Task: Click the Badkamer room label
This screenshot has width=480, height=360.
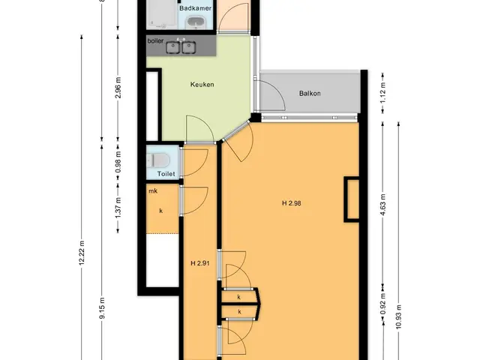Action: (195, 8)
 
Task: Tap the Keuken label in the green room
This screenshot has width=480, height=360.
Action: (202, 85)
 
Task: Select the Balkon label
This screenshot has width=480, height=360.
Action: (310, 93)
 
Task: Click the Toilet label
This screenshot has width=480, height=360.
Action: (166, 174)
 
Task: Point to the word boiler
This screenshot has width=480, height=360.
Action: (155, 40)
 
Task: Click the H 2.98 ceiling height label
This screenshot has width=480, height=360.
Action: (292, 203)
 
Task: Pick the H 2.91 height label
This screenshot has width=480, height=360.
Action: (200, 263)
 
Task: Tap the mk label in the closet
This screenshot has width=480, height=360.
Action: (153, 191)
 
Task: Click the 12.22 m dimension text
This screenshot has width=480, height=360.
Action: (82, 253)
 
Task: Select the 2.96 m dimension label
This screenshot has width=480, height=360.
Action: (118, 88)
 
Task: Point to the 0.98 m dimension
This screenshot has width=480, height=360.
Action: (118, 162)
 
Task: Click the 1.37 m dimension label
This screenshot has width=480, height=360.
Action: (118, 208)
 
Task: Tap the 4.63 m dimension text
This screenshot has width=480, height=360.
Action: (382, 205)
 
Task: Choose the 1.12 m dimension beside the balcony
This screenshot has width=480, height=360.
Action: (382, 93)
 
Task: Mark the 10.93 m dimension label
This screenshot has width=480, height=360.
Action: (398, 316)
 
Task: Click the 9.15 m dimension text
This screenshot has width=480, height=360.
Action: (102, 308)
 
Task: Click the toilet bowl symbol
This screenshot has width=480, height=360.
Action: (158, 160)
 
